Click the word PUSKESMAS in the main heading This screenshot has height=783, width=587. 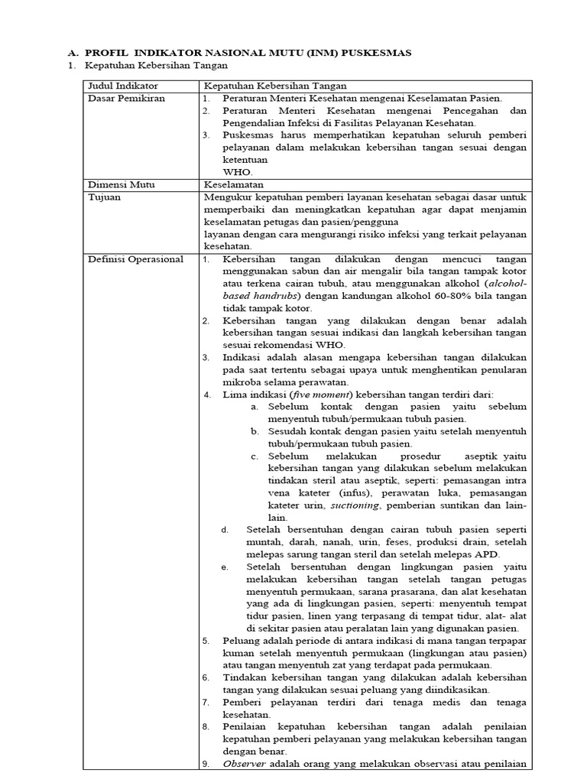[378, 53]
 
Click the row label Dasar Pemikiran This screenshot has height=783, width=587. [126, 98]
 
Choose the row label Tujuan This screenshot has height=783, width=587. [105, 197]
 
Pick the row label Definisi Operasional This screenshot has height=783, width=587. [136, 259]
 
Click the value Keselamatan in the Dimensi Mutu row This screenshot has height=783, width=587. [233, 184]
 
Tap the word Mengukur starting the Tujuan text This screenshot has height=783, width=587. [226, 197]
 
